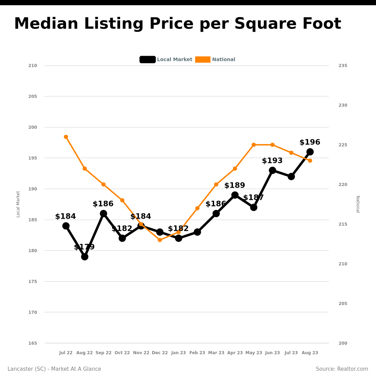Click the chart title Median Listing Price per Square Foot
(178, 24)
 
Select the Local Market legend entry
(166, 60)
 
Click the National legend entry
(216, 60)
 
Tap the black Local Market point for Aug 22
(85, 257)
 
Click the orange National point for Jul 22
(66, 137)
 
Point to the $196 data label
(310, 142)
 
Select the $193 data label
(272, 161)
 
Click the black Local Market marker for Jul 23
(291, 177)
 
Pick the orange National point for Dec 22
(160, 240)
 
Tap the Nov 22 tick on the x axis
(141, 353)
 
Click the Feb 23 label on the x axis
(197, 353)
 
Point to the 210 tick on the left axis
(33, 65)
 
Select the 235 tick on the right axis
(343, 65)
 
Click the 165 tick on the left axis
(33, 343)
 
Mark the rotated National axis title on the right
(358, 204)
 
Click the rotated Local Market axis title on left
(18, 204)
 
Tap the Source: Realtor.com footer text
(342, 369)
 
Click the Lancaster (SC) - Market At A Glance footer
(54, 369)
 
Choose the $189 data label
(235, 186)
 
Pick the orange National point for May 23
(253, 145)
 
